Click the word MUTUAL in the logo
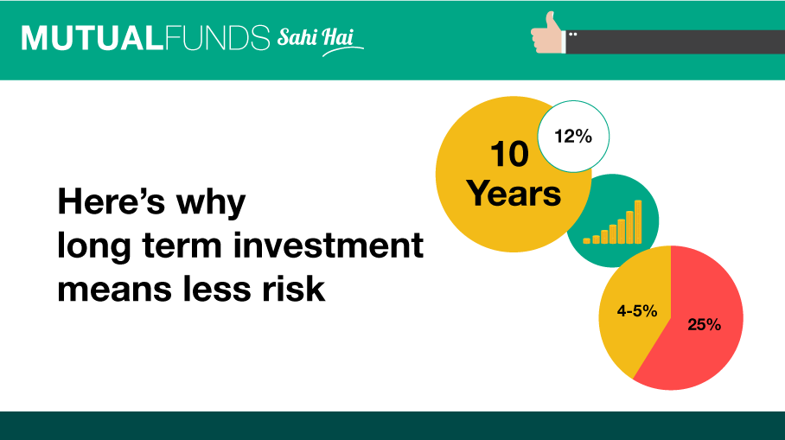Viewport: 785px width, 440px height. click(x=93, y=38)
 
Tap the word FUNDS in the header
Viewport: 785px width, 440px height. click(x=217, y=38)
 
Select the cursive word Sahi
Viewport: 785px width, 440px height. click(x=297, y=37)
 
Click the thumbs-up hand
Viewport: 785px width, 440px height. click(x=546, y=34)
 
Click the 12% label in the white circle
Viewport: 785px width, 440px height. click(x=573, y=137)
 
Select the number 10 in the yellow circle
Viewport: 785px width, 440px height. click(x=509, y=154)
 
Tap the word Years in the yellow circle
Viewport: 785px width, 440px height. click(x=514, y=194)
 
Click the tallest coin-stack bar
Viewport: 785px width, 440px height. click(x=638, y=222)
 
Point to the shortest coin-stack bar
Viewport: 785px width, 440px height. click(x=587, y=241)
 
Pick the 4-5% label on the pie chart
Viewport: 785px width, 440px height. click(x=637, y=311)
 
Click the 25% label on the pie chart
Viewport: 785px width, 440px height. click(x=704, y=324)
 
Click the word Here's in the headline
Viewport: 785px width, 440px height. click(x=112, y=201)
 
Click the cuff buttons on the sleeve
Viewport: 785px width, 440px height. click(x=572, y=34)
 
